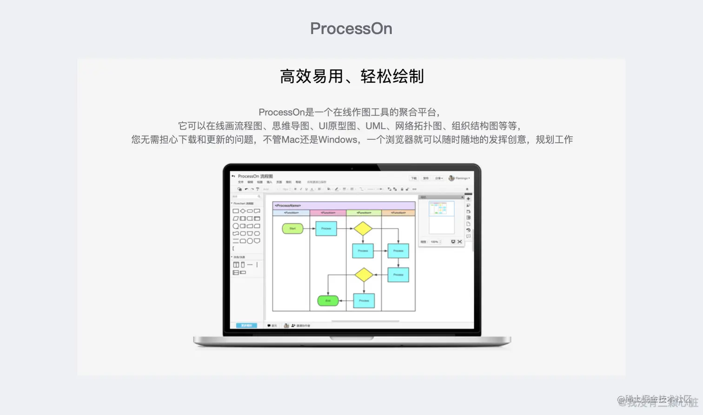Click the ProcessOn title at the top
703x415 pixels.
tap(351, 28)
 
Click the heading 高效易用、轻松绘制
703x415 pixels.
tap(351, 76)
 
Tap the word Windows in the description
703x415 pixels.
tap(338, 139)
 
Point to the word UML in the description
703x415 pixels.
tap(375, 126)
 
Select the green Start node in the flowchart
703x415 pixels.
tap(292, 229)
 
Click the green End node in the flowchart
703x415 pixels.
tap(328, 301)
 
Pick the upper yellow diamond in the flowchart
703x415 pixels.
tap(363, 229)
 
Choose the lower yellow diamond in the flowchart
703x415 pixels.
tap(364, 275)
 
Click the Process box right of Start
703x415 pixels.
tap(326, 229)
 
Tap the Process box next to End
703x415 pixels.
tap(364, 301)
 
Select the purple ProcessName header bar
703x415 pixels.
tap(344, 205)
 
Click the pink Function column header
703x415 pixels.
tap(328, 213)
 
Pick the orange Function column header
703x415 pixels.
tap(398, 213)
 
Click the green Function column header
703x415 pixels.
tap(364, 213)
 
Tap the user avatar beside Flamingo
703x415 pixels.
tap(451, 178)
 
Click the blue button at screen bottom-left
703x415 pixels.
tap(246, 325)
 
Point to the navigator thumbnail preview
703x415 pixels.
tap(441, 209)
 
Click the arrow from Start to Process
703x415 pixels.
tap(309, 229)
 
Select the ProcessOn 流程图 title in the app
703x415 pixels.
tap(255, 177)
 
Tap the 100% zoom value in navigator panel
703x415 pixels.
tap(434, 242)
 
